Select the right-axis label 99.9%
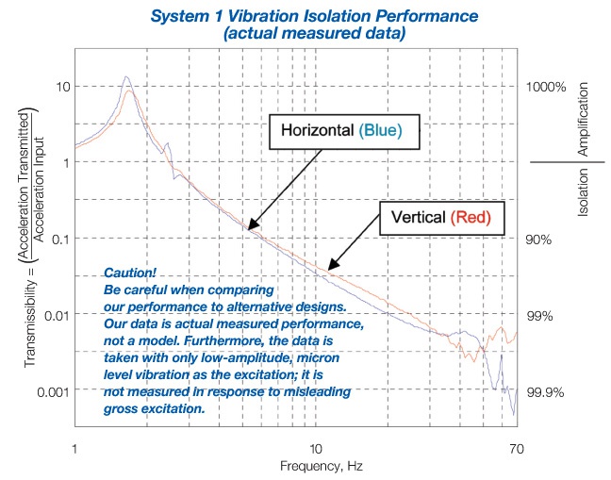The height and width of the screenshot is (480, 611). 546,391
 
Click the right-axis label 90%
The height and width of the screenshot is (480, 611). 540,240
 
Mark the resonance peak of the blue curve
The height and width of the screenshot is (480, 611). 126,77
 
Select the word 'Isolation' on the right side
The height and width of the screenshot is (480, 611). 583,197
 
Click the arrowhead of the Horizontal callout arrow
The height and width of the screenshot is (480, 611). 248,228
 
